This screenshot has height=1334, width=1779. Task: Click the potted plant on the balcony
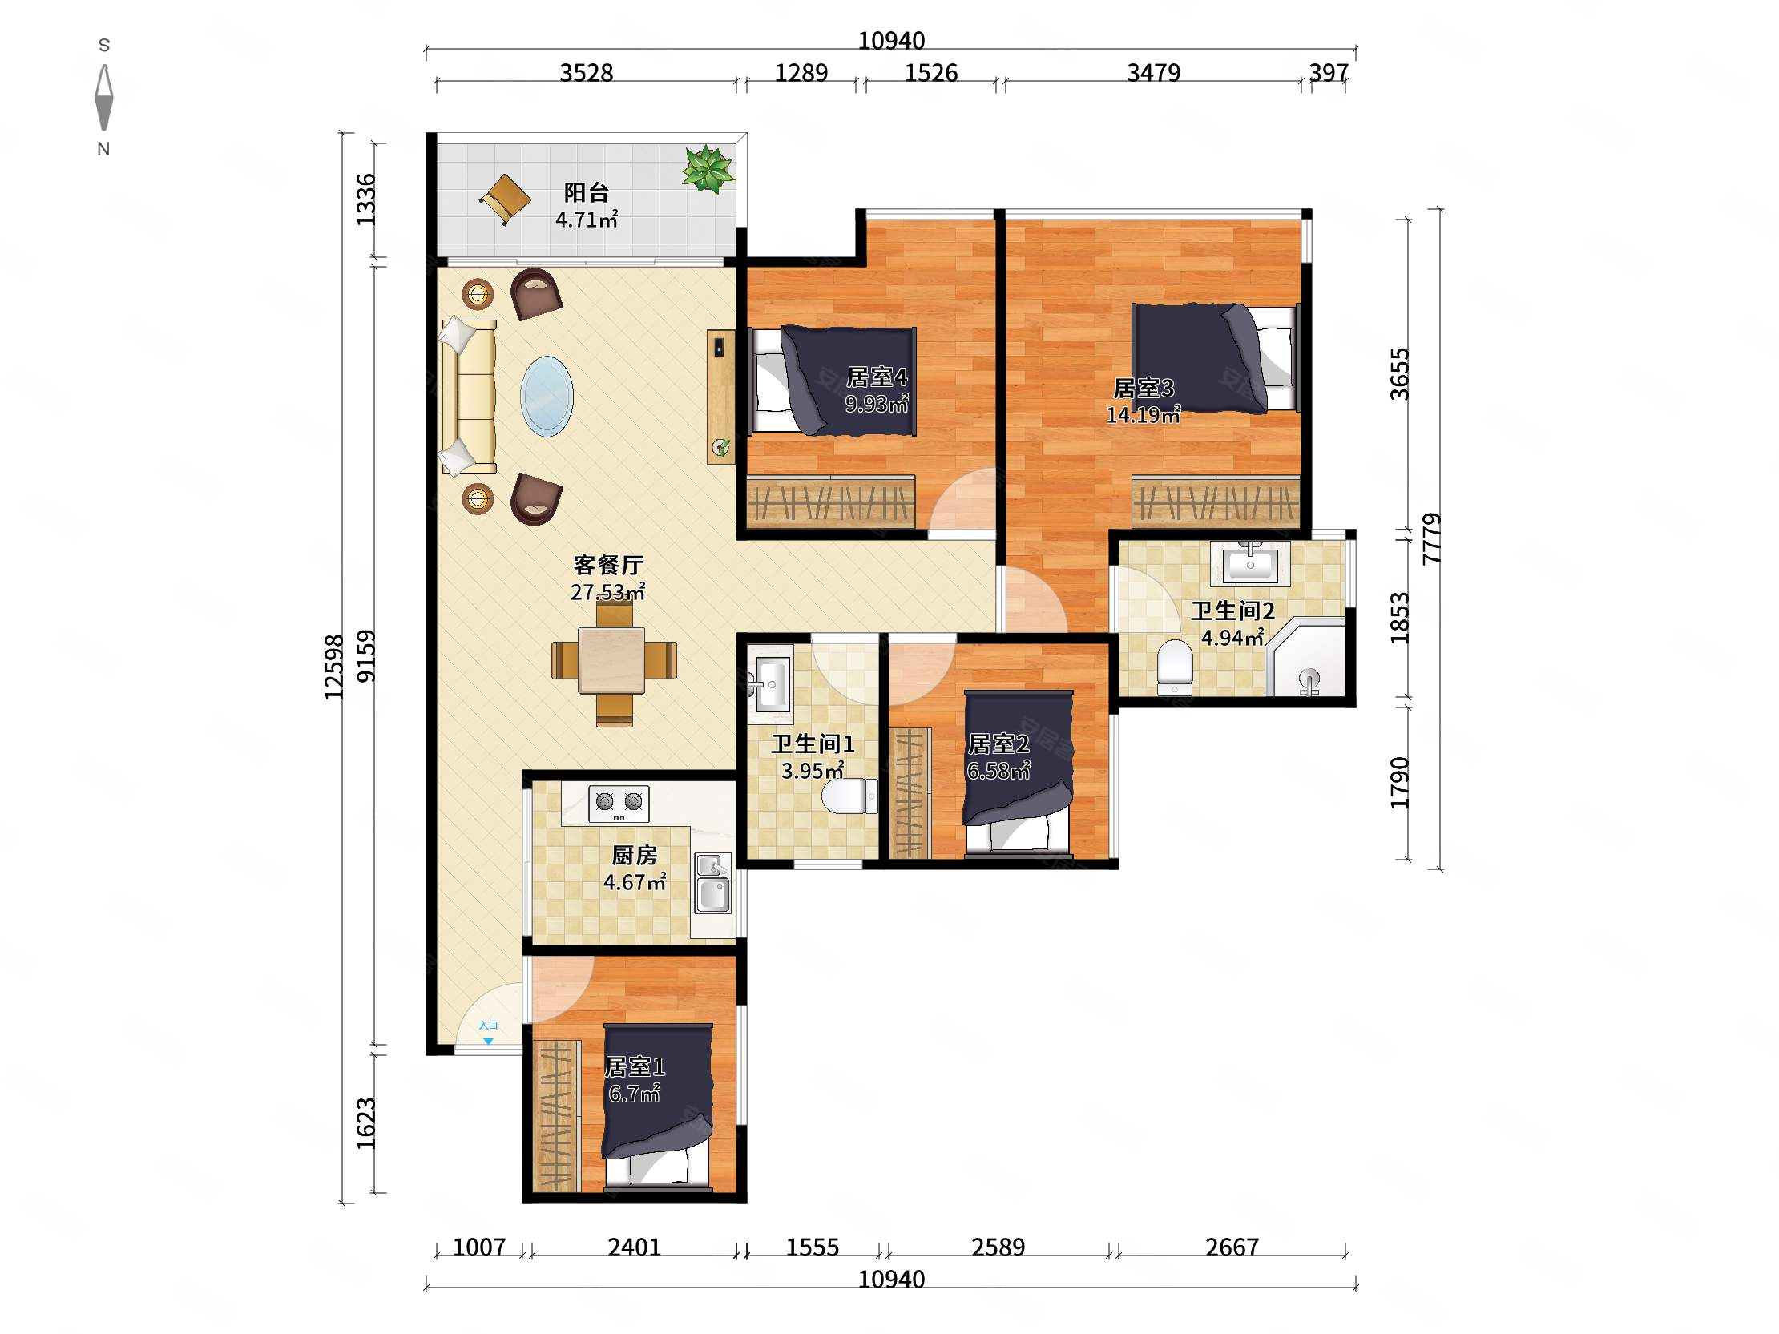[x=708, y=169]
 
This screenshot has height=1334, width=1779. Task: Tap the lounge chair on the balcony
[x=505, y=198]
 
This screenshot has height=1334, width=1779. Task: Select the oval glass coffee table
[x=547, y=397]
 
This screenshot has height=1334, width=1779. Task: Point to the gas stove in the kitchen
[x=619, y=804]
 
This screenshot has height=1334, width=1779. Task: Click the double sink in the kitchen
[x=713, y=883]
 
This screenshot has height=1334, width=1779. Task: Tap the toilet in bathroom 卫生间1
[x=850, y=796]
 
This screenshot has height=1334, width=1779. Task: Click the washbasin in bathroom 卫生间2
[x=1250, y=562]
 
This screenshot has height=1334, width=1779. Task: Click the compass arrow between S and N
[x=103, y=97]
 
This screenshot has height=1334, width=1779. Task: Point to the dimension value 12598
[x=334, y=667]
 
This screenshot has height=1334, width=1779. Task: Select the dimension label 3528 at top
[x=587, y=73]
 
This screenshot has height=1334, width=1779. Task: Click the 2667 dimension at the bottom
[x=1232, y=1247]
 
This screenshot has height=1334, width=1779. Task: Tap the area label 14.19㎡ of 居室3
[x=1143, y=415]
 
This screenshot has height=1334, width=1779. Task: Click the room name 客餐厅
[x=607, y=566]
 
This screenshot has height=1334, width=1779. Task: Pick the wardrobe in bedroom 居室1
[x=555, y=1114]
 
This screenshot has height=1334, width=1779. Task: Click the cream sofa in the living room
[x=468, y=396]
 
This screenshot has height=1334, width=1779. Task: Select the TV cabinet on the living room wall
[x=720, y=397]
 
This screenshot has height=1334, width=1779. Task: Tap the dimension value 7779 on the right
[x=1431, y=538]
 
